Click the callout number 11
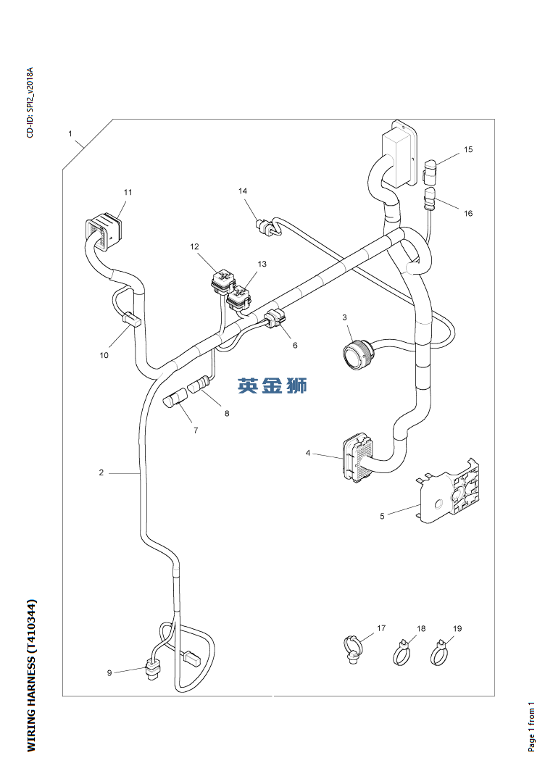128,192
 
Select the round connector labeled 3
357,354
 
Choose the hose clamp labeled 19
438,655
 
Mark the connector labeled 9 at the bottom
153,669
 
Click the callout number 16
468,213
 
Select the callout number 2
101,472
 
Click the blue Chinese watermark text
272,385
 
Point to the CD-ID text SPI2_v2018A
30,103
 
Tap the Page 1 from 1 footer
531,725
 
